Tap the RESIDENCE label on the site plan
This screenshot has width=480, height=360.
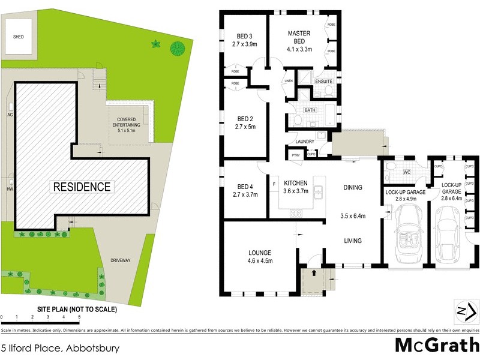tap(82, 187)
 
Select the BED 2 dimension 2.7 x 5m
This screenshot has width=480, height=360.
tap(244, 127)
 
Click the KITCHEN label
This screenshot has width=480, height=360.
tap(295, 182)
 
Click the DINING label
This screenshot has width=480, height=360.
tap(353, 188)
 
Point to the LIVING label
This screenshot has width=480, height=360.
tap(352, 241)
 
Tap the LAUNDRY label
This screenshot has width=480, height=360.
tap(305, 142)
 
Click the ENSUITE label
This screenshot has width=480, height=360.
tap(325, 81)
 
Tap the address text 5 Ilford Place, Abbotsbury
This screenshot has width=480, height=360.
tap(60, 347)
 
